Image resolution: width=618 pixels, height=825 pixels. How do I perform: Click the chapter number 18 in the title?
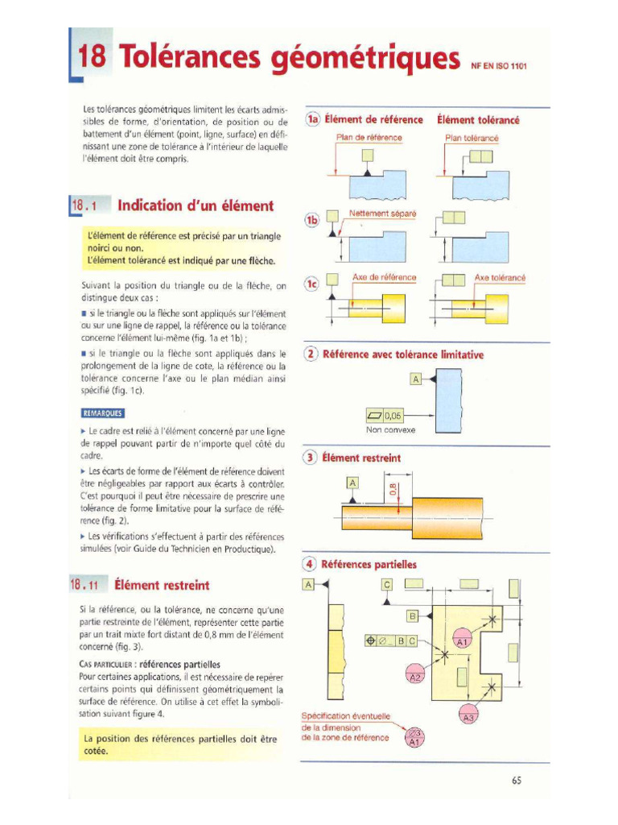point(93,56)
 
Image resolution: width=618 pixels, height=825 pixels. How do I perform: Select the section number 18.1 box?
point(84,205)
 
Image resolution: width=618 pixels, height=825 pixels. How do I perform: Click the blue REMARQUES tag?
point(103,413)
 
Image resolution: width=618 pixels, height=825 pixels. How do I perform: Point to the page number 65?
point(516,780)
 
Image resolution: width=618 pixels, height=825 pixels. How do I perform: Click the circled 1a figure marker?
point(312,119)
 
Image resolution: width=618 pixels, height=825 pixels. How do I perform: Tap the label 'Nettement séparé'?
point(382,214)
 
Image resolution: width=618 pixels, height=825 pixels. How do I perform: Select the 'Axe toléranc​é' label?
point(500,277)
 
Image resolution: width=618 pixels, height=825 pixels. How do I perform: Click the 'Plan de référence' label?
point(369,138)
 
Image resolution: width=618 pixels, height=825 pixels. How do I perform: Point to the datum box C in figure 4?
point(386,584)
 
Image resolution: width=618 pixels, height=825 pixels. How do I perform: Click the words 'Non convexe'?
point(389,430)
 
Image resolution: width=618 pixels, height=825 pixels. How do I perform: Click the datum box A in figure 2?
point(415,378)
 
